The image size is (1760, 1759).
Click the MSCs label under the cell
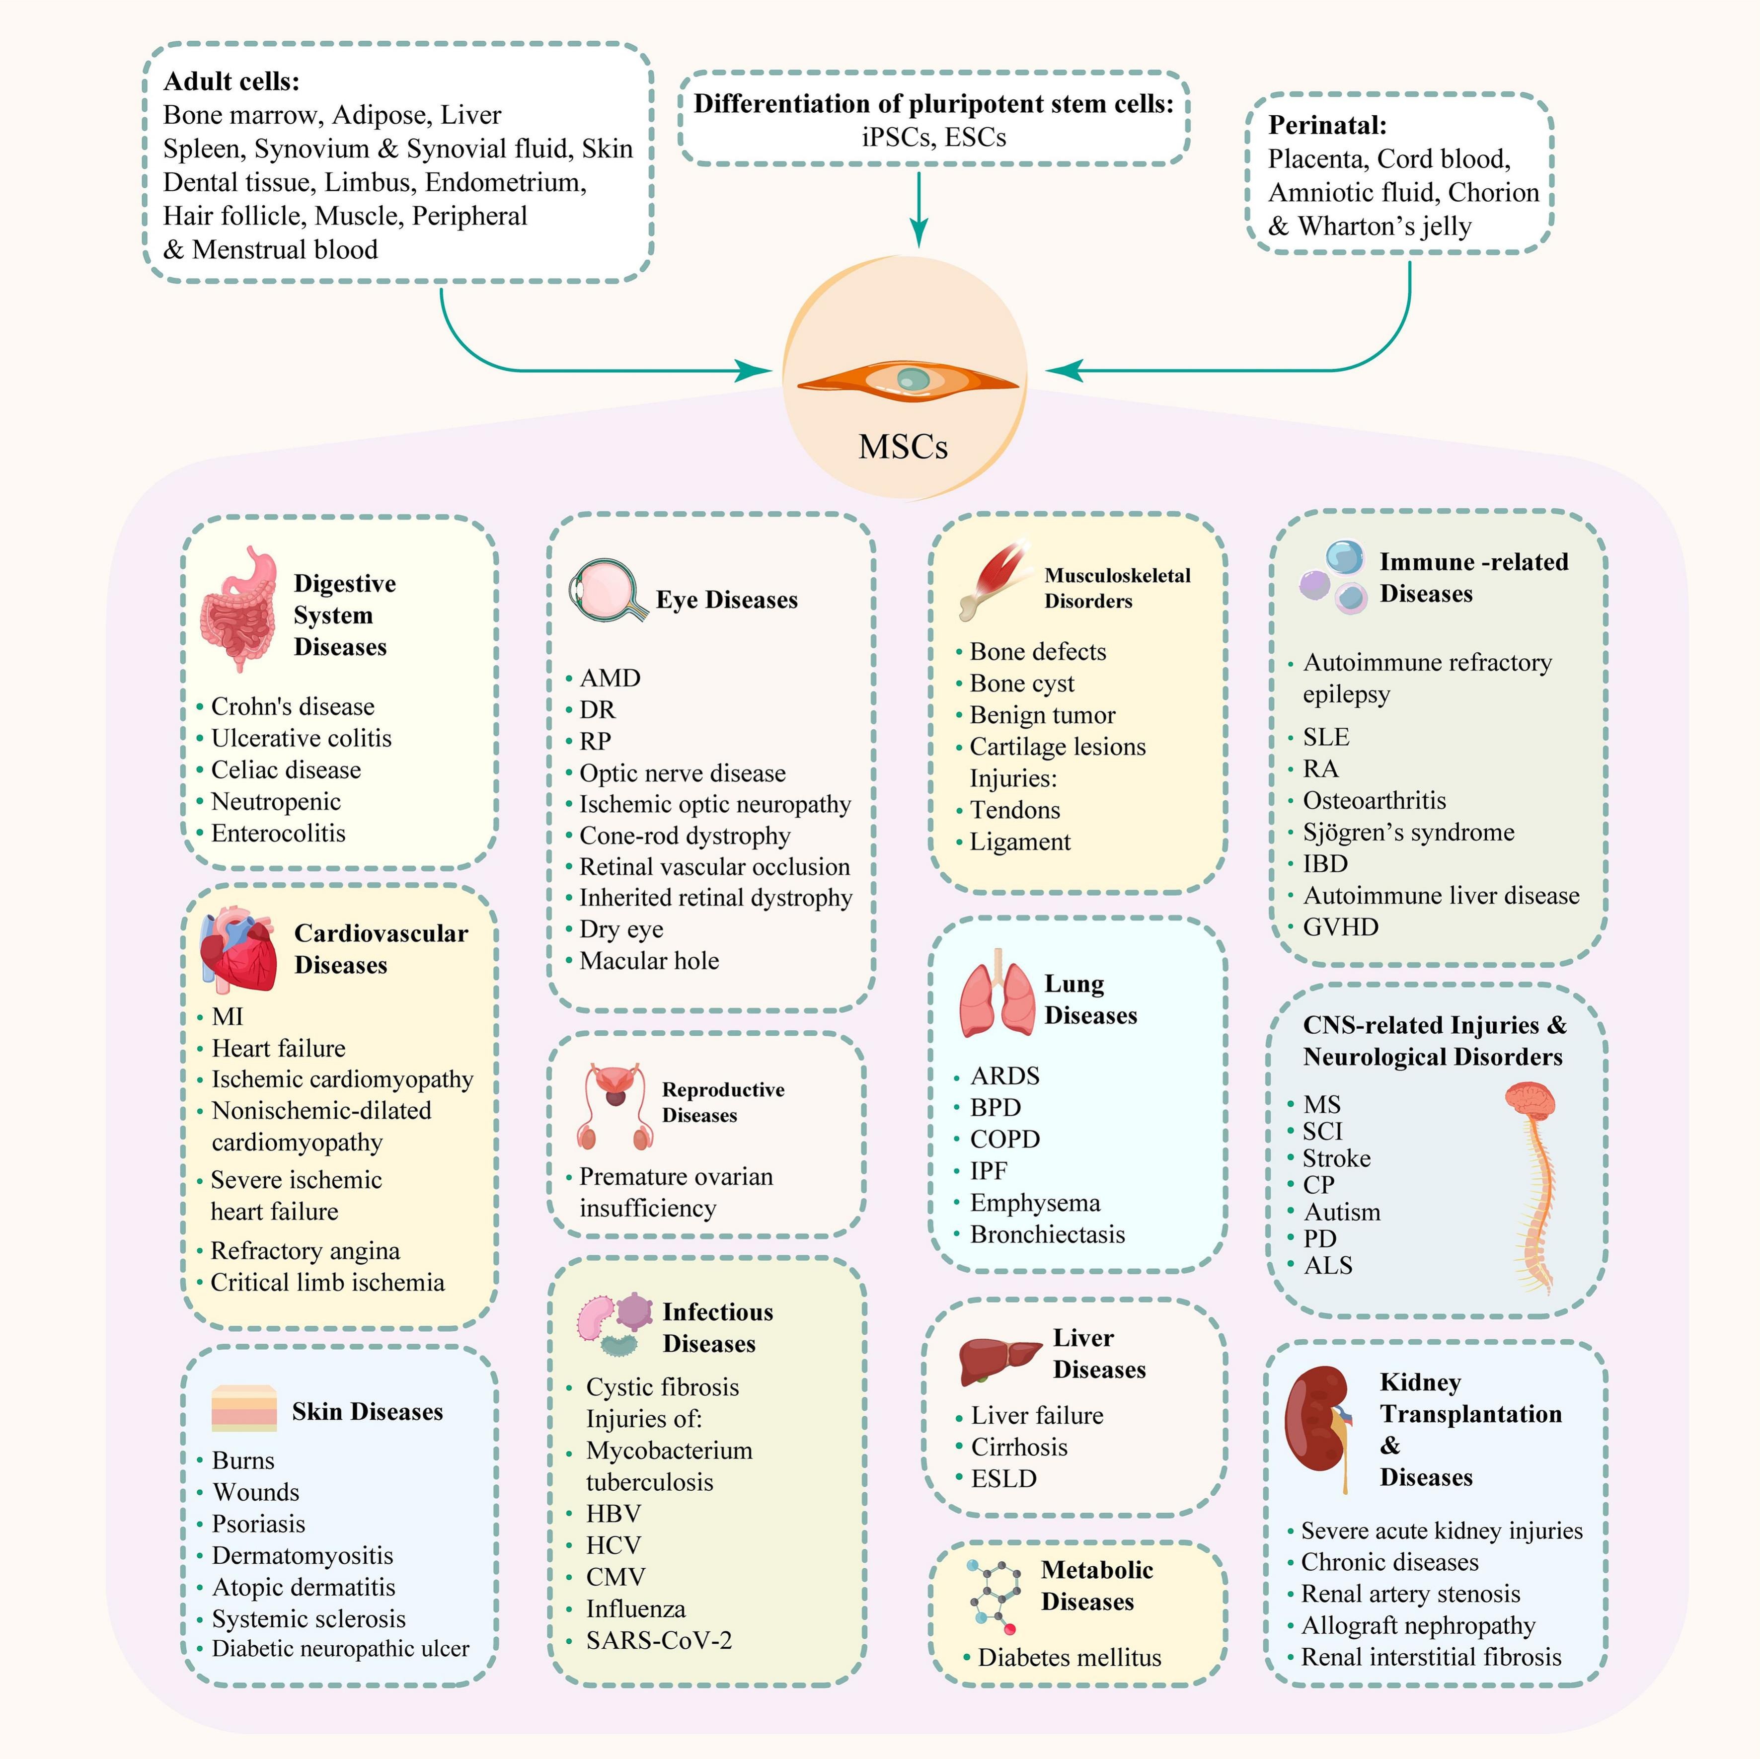[x=903, y=447]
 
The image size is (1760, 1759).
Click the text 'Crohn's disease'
[x=293, y=707]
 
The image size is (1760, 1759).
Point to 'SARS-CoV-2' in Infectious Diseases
[x=659, y=1641]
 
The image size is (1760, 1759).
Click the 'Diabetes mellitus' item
[x=1070, y=1658]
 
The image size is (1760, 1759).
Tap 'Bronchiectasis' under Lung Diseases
[x=1048, y=1235]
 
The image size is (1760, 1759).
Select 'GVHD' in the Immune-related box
[x=1340, y=927]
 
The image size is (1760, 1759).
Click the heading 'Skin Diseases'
[x=367, y=1412]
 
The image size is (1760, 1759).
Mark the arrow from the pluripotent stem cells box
[x=919, y=210]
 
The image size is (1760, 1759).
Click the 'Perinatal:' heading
[x=1327, y=125]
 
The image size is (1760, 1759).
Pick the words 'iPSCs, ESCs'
[x=934, y=138]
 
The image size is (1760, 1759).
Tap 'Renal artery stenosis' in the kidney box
[x=1410, y=1594]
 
